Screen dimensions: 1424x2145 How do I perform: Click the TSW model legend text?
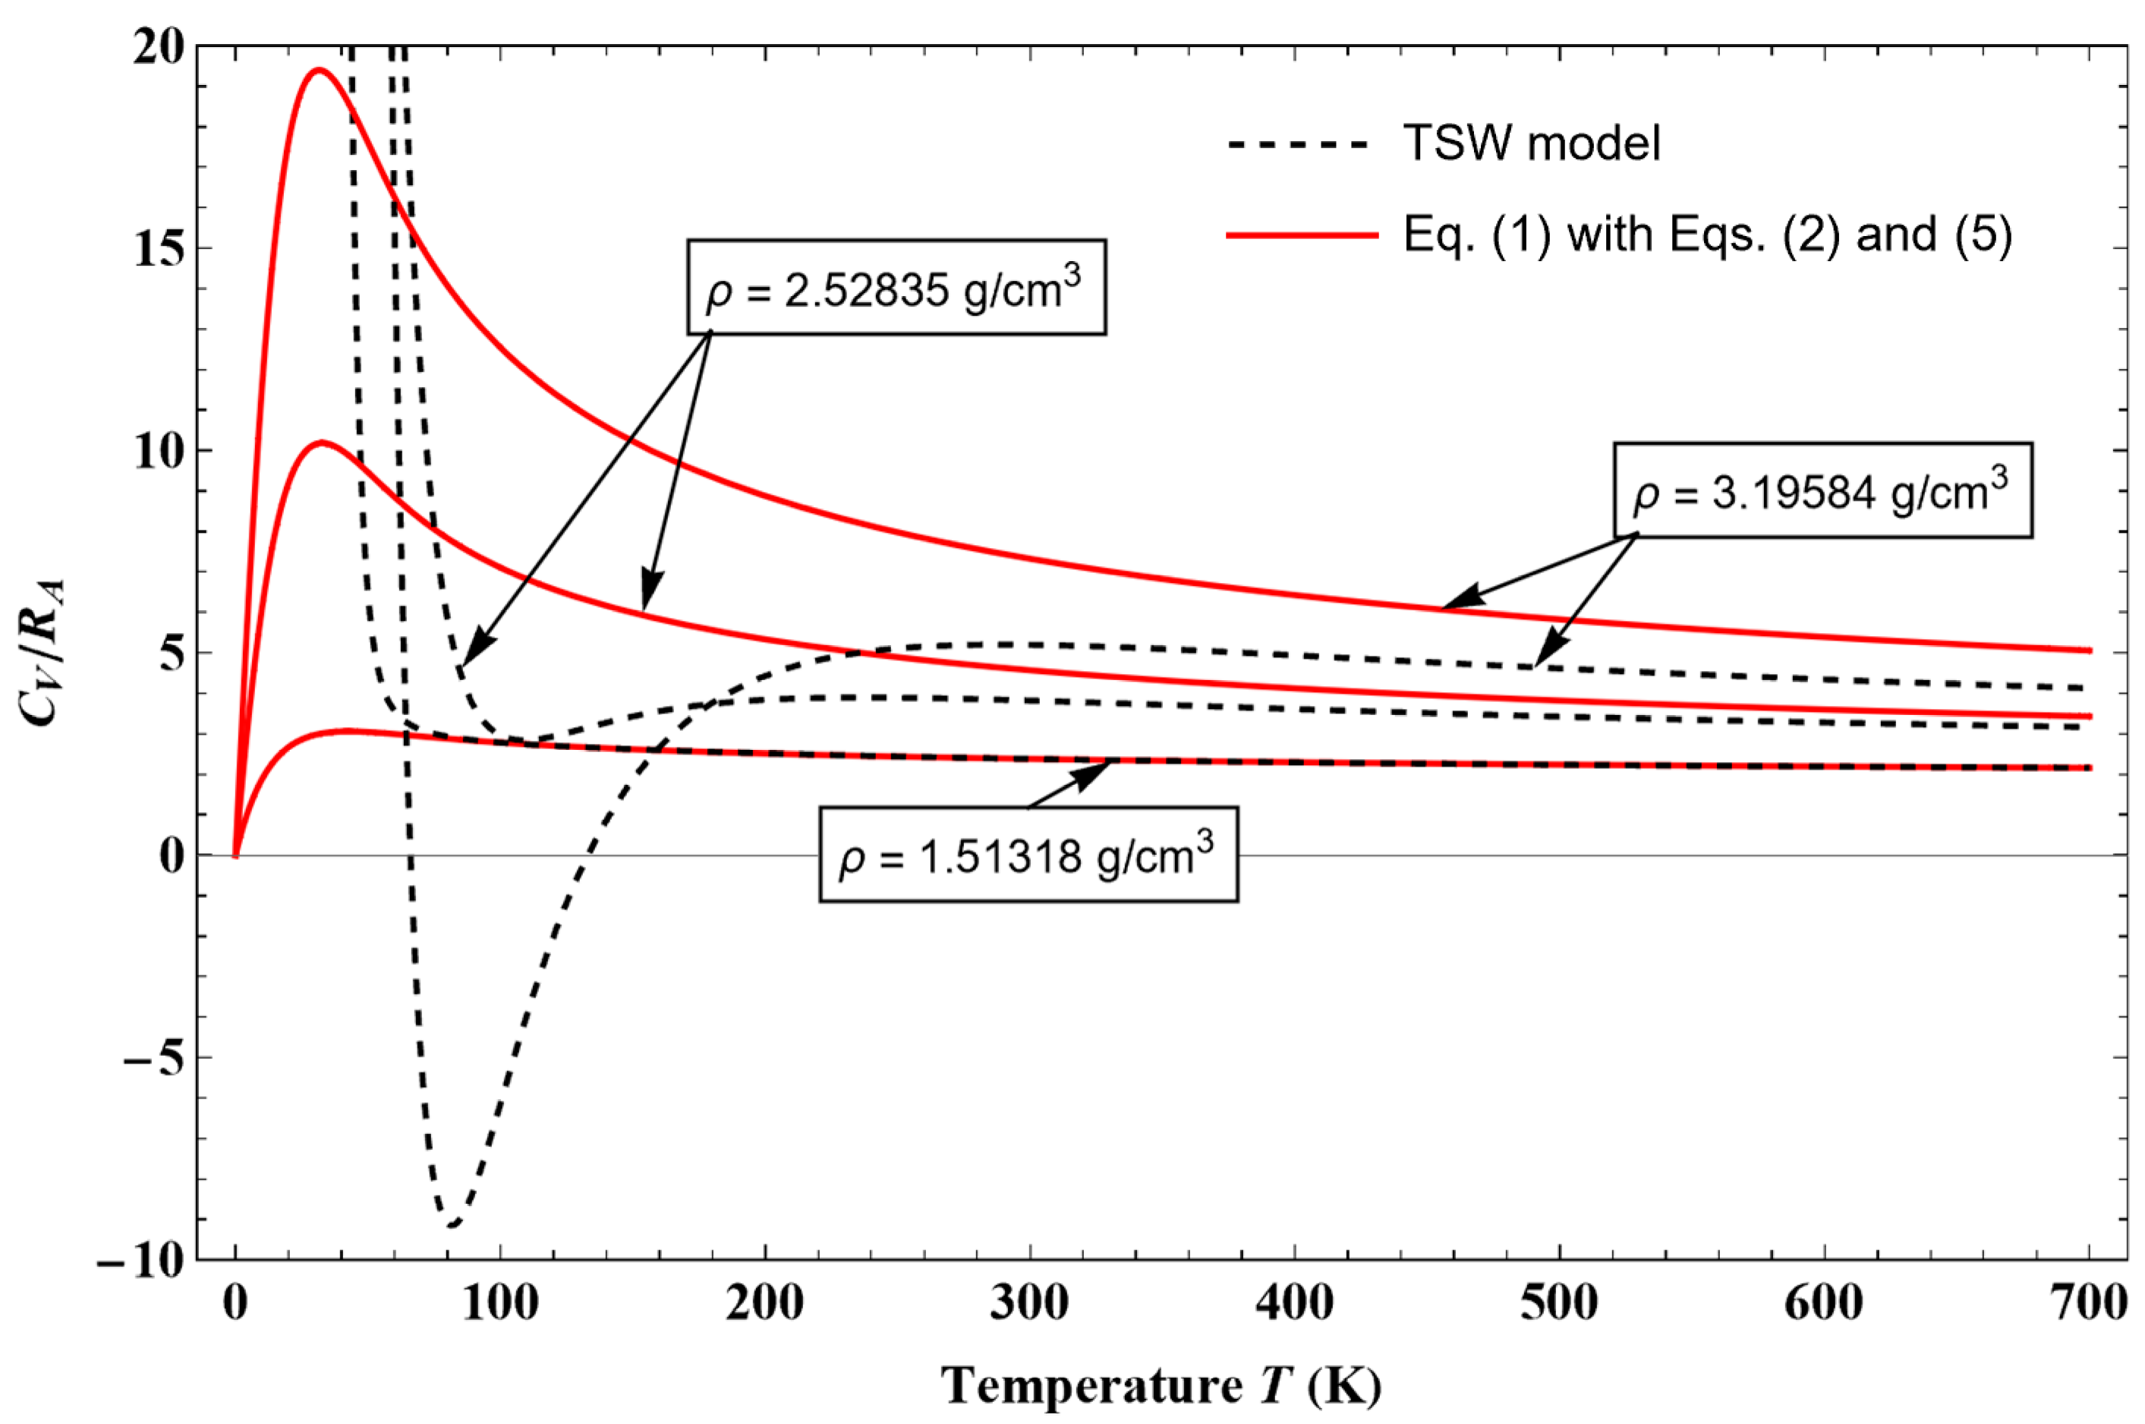[1531, 143]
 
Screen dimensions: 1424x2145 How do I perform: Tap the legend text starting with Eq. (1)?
[1707, 235]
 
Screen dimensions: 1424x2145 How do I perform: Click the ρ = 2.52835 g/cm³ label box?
[896, 288]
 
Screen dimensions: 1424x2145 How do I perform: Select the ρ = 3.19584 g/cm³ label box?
[1822, 490]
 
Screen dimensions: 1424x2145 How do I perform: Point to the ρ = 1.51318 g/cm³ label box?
[1028, 855]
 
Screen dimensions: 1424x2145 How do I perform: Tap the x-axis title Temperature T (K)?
[1161, 1387]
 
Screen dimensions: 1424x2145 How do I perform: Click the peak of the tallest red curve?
[319, 70]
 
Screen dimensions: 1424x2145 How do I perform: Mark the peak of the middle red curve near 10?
[323, 443]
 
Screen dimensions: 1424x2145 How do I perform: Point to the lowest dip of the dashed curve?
[452, 1225]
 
